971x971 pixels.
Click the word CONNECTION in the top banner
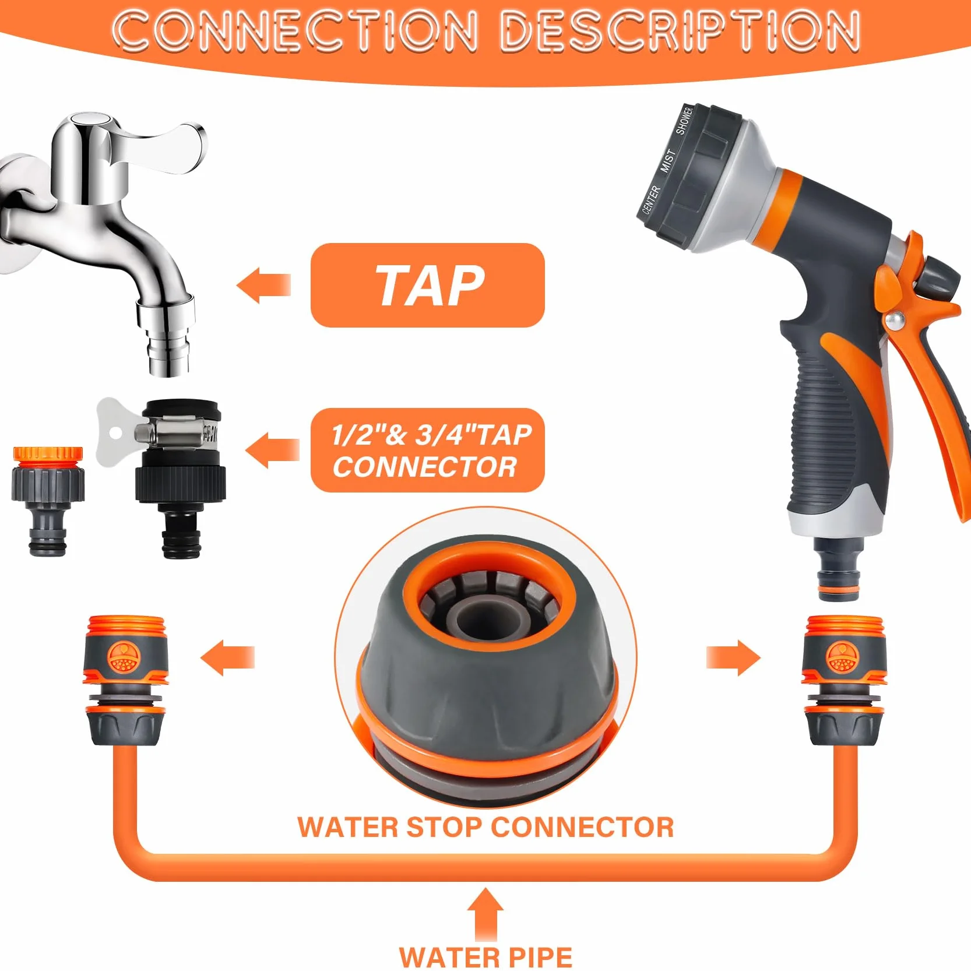pyautogui.click(x=295, y=30)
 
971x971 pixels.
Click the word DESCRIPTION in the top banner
pyautogui.click(x=680, y=30)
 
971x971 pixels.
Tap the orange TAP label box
pyautogui.click(x=427, y=285)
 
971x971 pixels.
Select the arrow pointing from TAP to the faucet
pyautogui.click(x=263, y=285)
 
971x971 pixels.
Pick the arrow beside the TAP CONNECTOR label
pyautogui.click(x=272, y=450)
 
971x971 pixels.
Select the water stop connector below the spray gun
pyautogui.click(x=843, y=680)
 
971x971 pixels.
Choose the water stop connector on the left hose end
pyautogui.click(x=126, y=680)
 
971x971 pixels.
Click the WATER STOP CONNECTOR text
pyautogui.click(x=485, y=828)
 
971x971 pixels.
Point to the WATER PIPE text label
pyautogui.click(x=485, y=956)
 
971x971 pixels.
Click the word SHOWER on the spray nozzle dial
pyautogui.click(x=684, y=121)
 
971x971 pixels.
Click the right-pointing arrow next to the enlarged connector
pyautogui.click(x=733, y=657)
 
